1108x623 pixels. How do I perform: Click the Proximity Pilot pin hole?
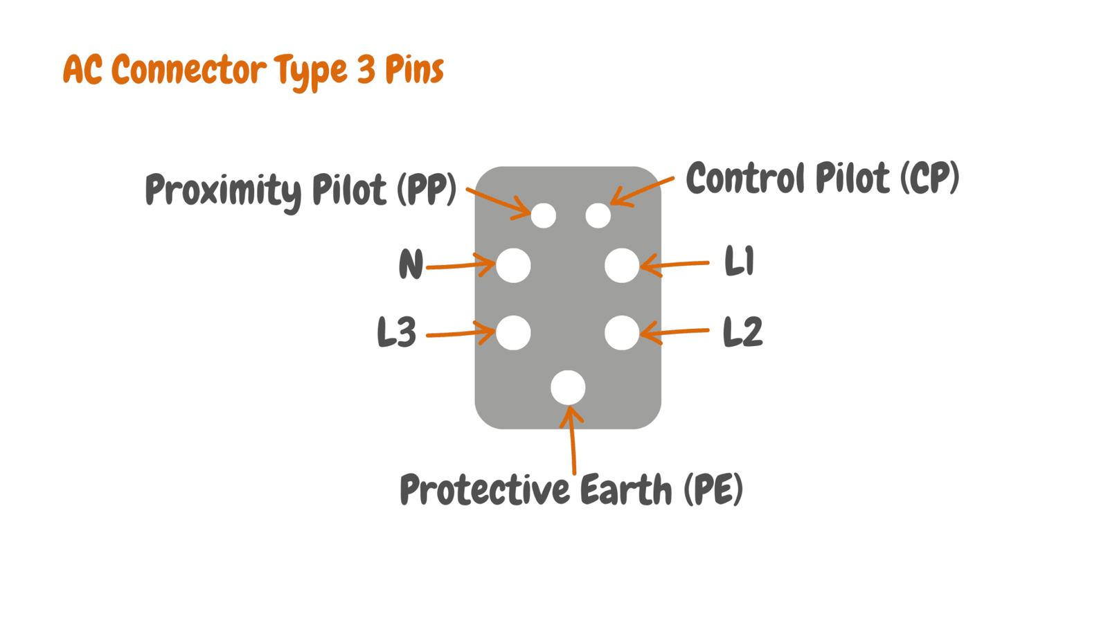(543, 215)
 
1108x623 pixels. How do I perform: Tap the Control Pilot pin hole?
(598, 215)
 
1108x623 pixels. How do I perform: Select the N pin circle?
(513, 266)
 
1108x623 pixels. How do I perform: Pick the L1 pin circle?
(622, 266)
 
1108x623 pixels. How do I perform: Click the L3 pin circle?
(513, 333)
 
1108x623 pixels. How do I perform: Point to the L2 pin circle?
(622, 333)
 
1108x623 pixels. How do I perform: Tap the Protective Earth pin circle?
(568, 388)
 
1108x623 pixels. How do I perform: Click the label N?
(411, 264)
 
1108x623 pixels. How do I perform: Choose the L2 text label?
(742, 332)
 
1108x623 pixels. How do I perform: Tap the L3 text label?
(397, 332)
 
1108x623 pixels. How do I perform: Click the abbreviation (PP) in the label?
(427, 190)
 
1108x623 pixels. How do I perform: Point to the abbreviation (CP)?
(929, 178)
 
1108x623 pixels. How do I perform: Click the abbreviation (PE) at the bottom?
(713, 489)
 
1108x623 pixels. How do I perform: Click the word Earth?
(626, 489)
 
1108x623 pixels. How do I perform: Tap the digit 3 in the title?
(366, 69)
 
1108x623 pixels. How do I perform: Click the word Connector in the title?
(190, 69)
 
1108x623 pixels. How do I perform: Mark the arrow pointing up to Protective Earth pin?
(572, 440)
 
